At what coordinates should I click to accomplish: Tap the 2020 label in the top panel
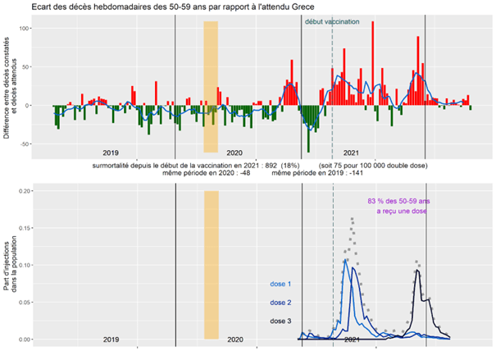[234, 153]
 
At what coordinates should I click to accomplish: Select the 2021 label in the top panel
[351, 153]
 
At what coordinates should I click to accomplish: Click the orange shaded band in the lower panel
[211, 262]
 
